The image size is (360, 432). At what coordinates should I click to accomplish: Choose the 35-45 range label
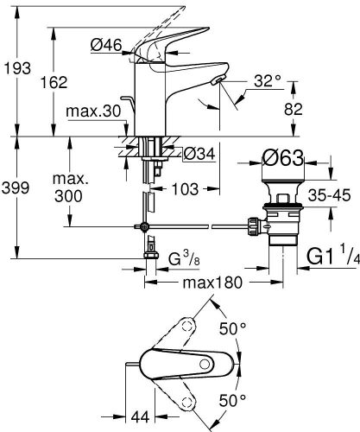pyautogui.click(x=329, y=194)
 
